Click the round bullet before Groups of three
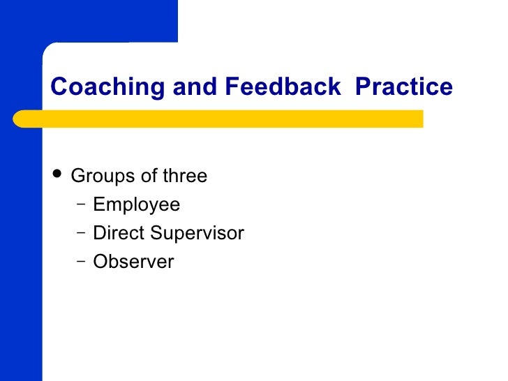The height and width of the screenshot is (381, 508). click(57, 175)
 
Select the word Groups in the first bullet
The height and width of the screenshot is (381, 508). click(104, 176)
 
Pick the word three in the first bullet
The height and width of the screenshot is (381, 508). click(185, 176)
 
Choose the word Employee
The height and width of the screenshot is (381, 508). click(136, 205)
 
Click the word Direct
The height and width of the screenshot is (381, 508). click(117, 233)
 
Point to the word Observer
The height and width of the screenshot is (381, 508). click(133, 262)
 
